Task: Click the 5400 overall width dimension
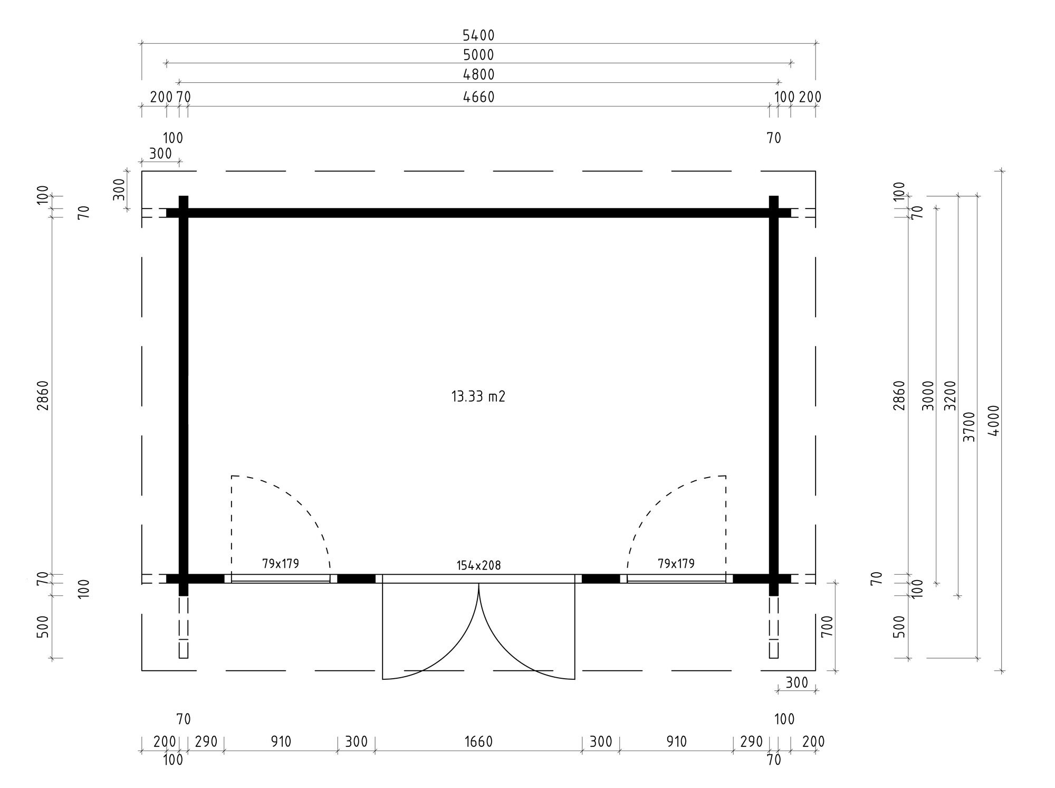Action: tap(478, 35)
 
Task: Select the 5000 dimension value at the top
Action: tap(478, 55)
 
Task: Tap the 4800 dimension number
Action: tap(478, 75)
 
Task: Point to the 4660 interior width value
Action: tap(478, 97)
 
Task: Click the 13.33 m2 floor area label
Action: tap(478, 397)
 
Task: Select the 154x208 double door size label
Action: tap(478, 566)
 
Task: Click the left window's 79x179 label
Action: tap(281, 564)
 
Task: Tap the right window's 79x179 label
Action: tap(676, 564)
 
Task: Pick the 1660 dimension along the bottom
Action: tap(478, 742)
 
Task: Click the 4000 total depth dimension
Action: tap(994, 421)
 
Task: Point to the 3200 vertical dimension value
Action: tap(949, 396)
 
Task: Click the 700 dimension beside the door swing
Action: tap(827, 626)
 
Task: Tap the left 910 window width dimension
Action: tap(281, 742)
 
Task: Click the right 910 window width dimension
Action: tap(676, 742)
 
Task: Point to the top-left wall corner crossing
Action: tap(184, 213)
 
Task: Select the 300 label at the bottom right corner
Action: tap(797, 683)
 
